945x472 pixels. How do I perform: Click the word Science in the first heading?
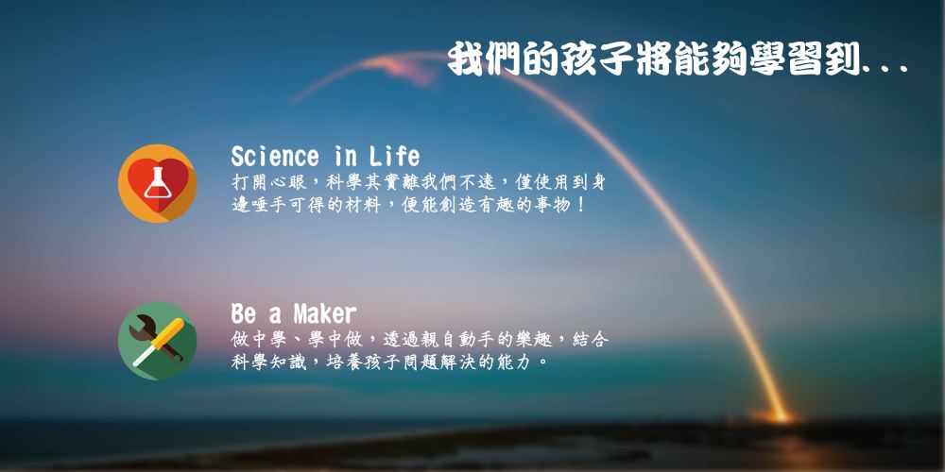275,157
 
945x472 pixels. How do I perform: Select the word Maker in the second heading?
325,313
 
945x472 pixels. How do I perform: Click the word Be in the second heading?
244,313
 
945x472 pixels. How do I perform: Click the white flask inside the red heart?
157,182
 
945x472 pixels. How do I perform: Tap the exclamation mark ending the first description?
580,205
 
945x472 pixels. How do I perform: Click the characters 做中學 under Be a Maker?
259,340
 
